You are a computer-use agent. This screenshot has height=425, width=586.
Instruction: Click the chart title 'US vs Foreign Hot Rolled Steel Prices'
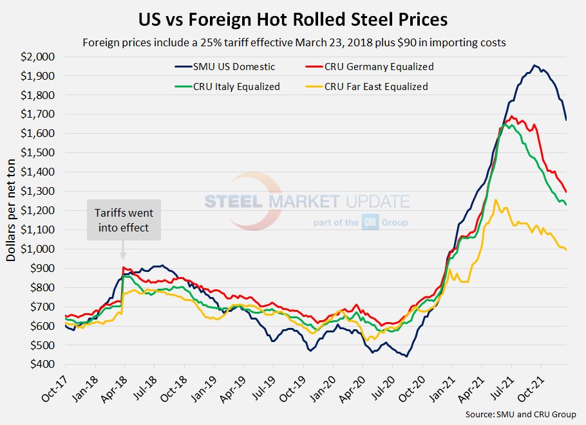point(293,19)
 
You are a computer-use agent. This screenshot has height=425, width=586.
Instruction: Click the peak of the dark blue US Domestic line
point(534,65)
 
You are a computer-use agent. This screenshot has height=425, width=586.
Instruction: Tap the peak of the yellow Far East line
point(495,200)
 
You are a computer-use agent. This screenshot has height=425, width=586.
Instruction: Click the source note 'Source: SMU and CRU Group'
point(520,414)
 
